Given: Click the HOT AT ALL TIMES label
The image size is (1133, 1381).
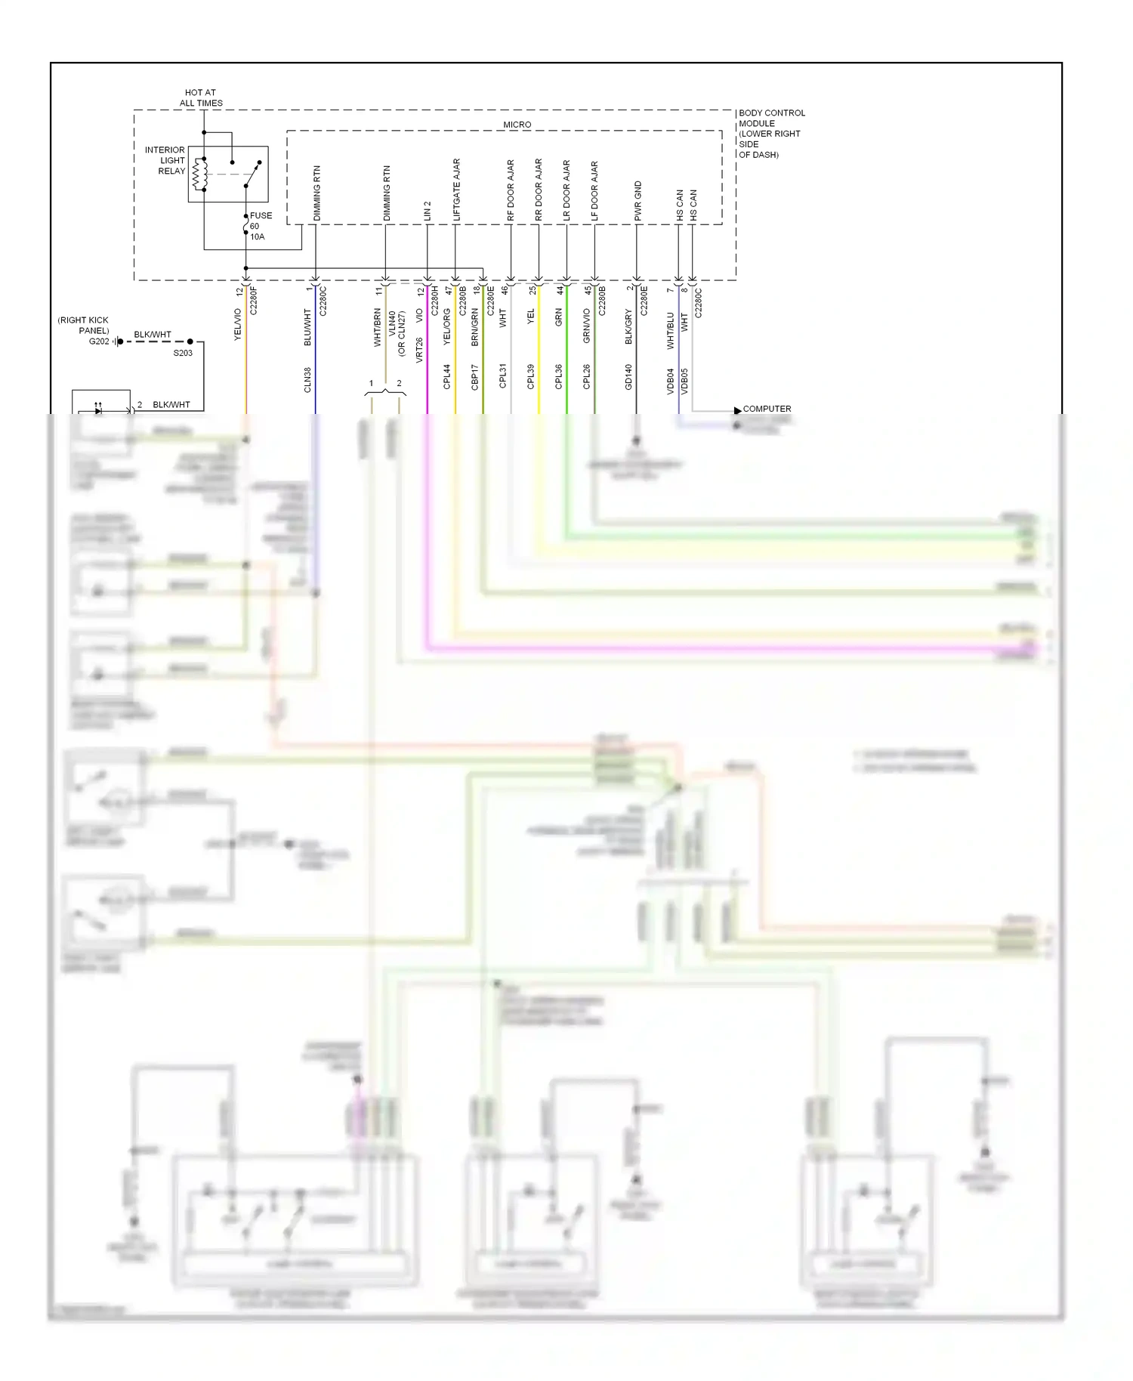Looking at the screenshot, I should coord(201,97).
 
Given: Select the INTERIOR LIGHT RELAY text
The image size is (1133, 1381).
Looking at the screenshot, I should coord(165,160).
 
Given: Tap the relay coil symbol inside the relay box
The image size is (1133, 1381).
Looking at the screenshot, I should coord(200,174).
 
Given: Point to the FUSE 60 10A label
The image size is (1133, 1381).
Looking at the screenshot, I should coord(260,226).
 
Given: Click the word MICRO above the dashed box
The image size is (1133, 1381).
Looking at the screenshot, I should coord(517,125).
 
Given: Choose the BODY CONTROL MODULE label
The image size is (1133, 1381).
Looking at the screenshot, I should coord(770,133).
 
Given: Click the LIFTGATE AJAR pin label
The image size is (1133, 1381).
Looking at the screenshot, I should coord(456,190).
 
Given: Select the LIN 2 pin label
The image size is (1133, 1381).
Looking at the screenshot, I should coord(428,211).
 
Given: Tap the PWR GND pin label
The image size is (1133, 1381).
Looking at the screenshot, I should coord(638,201).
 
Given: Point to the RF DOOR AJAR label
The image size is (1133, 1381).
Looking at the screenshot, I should coord(511,190).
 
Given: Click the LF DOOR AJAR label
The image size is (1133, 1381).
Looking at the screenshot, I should coord(594,191).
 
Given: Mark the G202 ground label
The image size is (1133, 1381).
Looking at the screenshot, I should coord(99,341).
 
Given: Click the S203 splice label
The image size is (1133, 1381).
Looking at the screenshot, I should coord(183,353).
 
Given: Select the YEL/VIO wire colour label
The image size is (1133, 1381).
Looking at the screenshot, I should coord(237,324).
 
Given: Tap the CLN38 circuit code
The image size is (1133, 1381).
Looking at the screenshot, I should coord(307,379).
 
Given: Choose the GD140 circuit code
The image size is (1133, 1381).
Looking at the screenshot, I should coord(628,376).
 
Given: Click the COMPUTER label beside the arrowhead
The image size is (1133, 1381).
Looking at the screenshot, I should coord(767,409).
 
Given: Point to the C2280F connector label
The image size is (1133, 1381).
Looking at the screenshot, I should coord(254,300).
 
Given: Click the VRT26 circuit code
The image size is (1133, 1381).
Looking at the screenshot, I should coord(419,351).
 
